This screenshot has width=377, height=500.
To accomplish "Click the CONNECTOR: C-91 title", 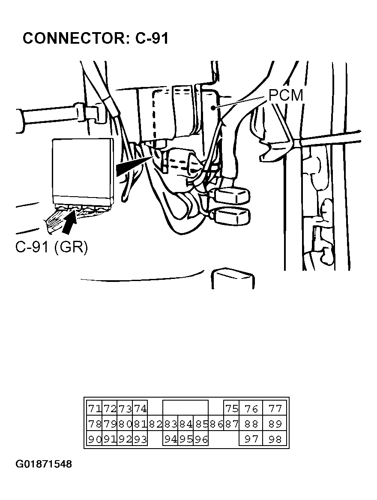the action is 96,38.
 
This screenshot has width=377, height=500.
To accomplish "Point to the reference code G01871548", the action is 44,464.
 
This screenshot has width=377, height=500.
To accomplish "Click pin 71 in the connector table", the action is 94,408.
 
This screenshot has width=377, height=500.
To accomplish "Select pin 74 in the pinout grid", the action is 140,408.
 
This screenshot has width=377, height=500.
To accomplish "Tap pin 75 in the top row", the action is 232,408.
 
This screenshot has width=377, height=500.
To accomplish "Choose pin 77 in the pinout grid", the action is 275,408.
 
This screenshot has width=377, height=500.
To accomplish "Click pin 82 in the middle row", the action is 156,424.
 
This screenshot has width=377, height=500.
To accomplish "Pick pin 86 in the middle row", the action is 216,424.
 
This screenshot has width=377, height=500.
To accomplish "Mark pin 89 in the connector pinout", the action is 275,424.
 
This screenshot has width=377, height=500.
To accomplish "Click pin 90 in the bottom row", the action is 94,440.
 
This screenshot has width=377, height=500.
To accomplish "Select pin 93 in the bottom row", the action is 140,440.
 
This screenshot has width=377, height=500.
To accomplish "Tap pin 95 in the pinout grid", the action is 186,440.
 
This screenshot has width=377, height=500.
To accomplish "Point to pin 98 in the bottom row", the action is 275,440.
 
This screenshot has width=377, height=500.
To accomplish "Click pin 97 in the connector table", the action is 251,440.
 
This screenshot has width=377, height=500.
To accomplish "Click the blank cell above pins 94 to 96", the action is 186,408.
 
